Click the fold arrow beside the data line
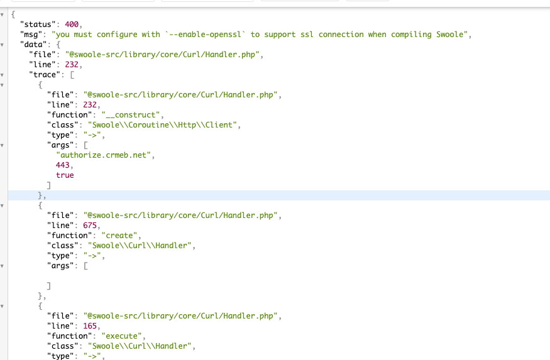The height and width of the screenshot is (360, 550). point(3,45)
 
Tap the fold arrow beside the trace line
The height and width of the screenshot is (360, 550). point(3,75)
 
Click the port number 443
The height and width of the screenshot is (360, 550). point(63,165)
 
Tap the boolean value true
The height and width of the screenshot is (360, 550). point(65,175)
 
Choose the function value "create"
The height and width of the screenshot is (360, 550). point(118,236)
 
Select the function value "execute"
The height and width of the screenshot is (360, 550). point(121,336)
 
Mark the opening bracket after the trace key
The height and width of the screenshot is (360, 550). point(72,75)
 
